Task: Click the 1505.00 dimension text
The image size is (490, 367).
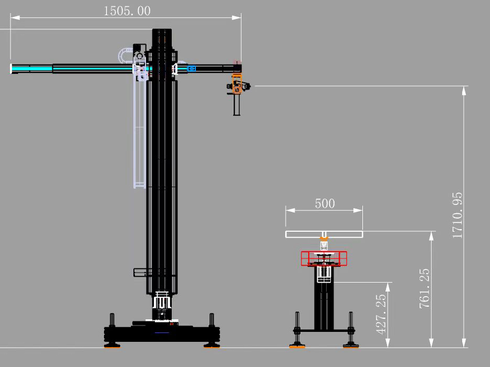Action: pyautogui.click(x=127, y=11)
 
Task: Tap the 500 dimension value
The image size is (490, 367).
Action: pyautogui.click(x=325, y=203)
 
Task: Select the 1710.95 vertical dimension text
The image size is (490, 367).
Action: pyautogui.click(x=457, y=215)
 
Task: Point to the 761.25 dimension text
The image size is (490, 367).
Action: pyautogui.click(x=424, y=289)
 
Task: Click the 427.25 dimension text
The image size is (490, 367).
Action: pyautogui.click(x=381, y=314)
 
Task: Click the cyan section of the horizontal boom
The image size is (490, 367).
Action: pyautogui.click(x=32, y=68)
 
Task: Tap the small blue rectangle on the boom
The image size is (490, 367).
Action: pyautogui.click(x=191, y=68)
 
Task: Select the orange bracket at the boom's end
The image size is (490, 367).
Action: pyautogui.click(x=237, y=84)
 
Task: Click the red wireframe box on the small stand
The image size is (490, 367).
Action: pyautogui.click(x=324, y=258)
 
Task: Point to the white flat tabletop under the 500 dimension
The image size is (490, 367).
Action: pyautogui.click(x=324, y=234)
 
